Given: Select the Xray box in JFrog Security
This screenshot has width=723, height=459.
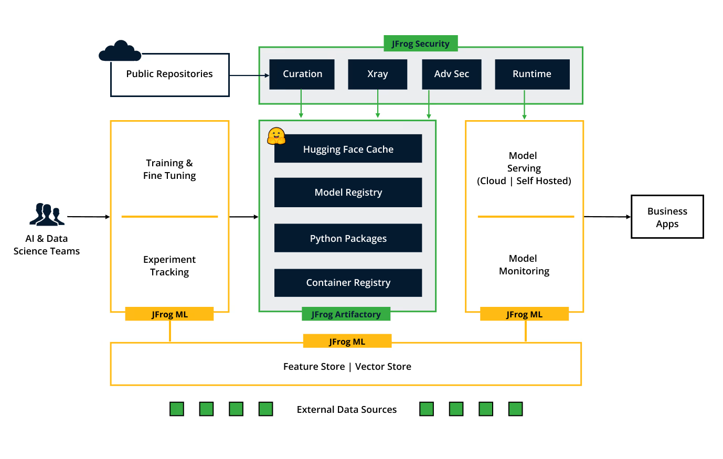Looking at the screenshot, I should (x=377, y=74).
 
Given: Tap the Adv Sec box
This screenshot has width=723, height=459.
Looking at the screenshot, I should (x=451, y=74).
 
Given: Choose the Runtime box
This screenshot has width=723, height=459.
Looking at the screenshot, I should (x=532, y=74).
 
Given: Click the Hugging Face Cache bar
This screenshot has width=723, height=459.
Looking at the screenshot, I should (x=348, y=149).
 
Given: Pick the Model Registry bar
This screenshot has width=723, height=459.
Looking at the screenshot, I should (x=348, y=193).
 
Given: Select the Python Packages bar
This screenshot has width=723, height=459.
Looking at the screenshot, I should (x=348, y=238).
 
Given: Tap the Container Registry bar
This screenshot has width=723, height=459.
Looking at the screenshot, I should (x=348, y=283).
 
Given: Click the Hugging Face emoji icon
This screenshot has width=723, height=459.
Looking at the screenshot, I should (x=276, y=136).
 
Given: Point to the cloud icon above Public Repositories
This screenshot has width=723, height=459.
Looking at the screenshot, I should (x=120, y=51).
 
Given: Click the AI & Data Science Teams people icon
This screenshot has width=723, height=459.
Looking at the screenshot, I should (x=47, y=214).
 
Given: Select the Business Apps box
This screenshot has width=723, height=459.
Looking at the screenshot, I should (x=667, y=217).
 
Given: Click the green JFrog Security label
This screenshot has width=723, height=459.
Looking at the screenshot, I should (x=420, y=44).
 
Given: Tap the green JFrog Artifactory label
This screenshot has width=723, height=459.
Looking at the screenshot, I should (x=346, y=314).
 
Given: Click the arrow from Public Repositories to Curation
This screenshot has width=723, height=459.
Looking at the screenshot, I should (x=249, y=76).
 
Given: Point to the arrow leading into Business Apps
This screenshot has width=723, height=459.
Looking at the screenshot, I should (x=607, y=217).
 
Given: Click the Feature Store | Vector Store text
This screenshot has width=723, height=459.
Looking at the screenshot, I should (x=347, y=367).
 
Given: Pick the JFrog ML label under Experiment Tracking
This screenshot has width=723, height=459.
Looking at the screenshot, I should (x=169, y=314).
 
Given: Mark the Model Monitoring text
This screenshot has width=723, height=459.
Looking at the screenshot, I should (x=524, y=265).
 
